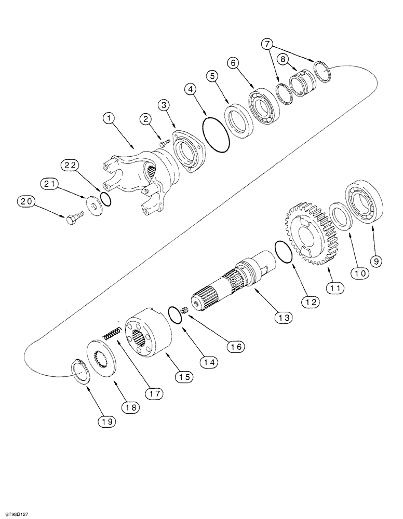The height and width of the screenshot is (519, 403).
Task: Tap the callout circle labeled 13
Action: click(285, 316)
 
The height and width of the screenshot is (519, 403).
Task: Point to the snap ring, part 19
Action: click(80, 371)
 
